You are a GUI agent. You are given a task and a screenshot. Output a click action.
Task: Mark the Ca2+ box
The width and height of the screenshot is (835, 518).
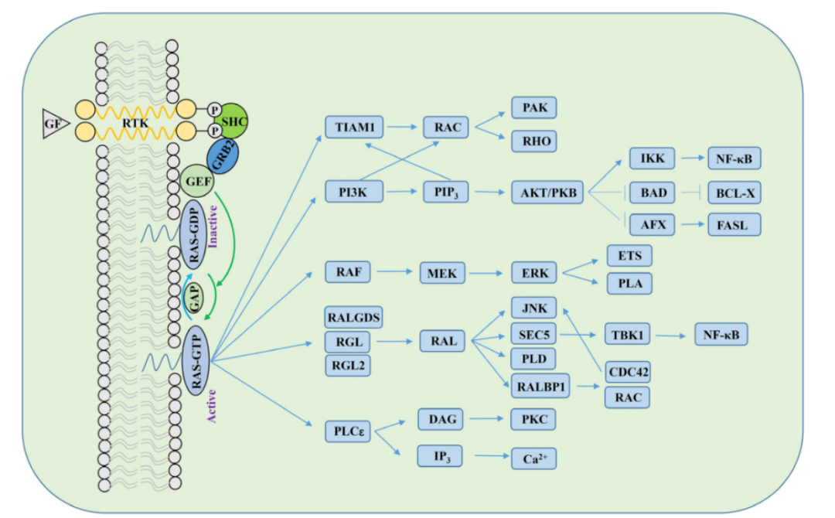click(534, 458)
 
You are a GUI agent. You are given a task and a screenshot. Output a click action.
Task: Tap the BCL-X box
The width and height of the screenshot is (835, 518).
click(733, 191)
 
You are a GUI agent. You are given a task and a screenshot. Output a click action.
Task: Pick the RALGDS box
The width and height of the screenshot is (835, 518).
click(354, 317)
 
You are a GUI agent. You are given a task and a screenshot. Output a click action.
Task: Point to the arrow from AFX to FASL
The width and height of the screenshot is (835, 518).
click(691, 225)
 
